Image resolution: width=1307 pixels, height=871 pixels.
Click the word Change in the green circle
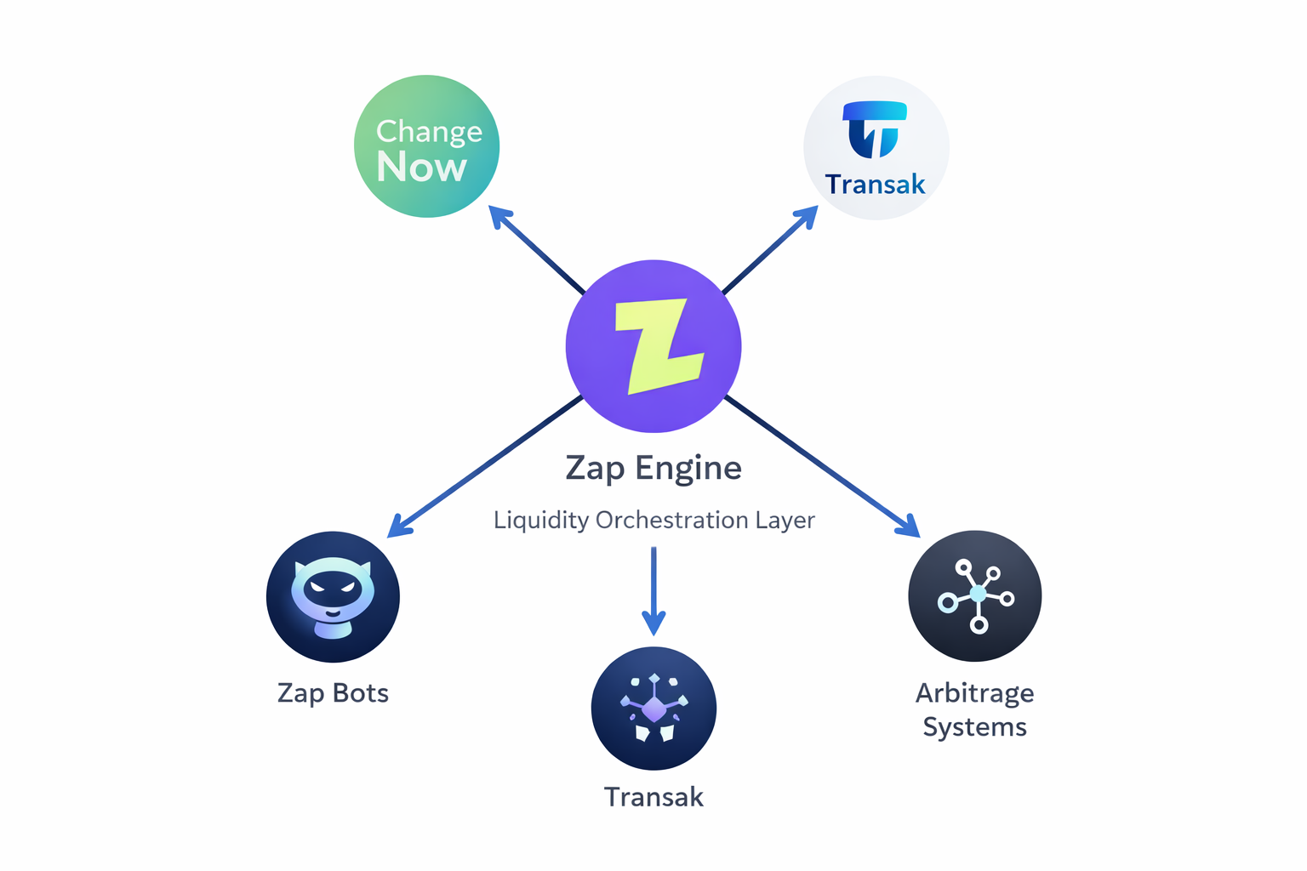tap(429, 131)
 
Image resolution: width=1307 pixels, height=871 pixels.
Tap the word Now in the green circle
tap(422, 167)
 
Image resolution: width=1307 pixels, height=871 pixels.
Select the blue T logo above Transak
tap(875, 129)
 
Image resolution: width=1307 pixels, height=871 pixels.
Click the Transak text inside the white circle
tap(875, 184)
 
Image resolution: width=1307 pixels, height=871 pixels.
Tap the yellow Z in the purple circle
tap(659, 345)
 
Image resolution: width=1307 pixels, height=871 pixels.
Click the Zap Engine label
tap(653, 468)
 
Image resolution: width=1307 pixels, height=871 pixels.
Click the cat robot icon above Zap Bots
tap(333, 596)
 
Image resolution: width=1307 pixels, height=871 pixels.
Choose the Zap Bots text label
tap(333, 693)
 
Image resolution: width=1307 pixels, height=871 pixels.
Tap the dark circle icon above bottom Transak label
tap(653, 709)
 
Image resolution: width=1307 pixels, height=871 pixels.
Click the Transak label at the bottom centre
tap(653, 797)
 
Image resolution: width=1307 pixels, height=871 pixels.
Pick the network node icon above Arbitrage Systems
tap(975, 595)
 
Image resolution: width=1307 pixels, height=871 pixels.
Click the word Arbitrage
tap(975, 693)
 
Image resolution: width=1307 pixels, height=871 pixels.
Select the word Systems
tap(975, 727)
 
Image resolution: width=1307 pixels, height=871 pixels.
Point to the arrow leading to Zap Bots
tap(485, 467)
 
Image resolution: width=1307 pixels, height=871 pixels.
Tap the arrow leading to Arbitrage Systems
tap(822, 466)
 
